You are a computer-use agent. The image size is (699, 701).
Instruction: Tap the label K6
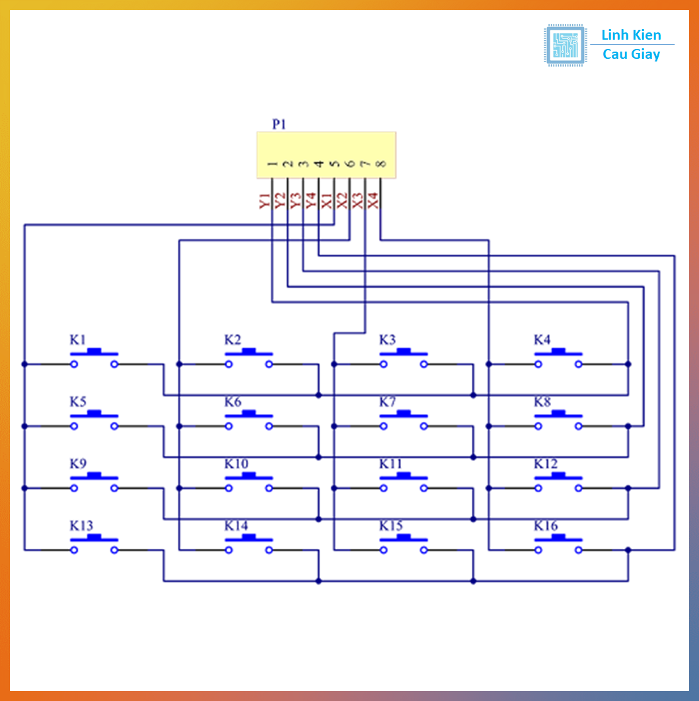click(x=233, y=402)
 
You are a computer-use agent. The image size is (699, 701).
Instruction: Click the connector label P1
click(x=279, y=124)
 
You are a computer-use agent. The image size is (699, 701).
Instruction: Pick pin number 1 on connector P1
click(x=272, y=164)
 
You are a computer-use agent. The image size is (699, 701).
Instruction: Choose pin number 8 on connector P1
click(x=381, y=164)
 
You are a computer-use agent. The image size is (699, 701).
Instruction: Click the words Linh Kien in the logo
click(x=631, y=35)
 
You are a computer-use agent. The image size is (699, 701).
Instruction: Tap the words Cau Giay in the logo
click(x=631, y=54)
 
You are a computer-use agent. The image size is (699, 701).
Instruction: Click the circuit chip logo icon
click(x=565, y=45)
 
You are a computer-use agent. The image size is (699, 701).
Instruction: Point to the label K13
click(x=81, y=526)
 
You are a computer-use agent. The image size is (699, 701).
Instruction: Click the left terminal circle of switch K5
click(x=75, y=426)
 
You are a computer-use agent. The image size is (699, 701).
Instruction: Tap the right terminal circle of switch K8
click(x=579, y=426)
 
